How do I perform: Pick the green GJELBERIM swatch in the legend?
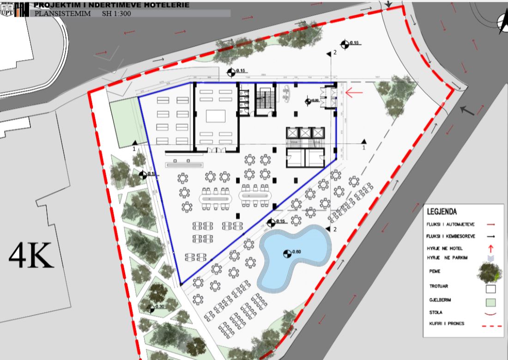[490, 302]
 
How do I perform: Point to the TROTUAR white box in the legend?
[490, 289]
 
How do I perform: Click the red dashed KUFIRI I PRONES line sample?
[490, 326]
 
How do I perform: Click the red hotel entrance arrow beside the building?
[354, 93]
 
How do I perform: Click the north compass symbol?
[502, 23]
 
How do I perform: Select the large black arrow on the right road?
[467, 111]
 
